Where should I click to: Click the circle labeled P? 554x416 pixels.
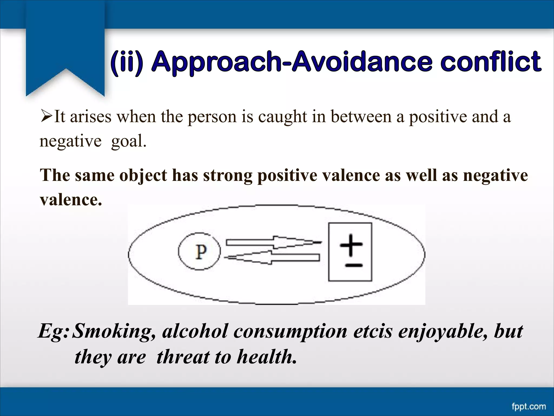pyautogui.click(x=200, y=252)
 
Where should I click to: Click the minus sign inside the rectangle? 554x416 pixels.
pyautogui.click(x=353, y=265)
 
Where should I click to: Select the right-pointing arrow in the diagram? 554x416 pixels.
pyautogui.click(x=273, y=242)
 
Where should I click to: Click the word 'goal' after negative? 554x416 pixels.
pyautogui.click(x=128, y=141)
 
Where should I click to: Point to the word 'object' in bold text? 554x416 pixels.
pyautogui.click(x=143, y=175)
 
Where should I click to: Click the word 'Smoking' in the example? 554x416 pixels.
pyautogui.click(x=114, y=331)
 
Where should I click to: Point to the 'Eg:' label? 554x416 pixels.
pyautogui.click(x=54, y=331)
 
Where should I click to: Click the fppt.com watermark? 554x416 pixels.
pyautogui.click(x=529, y=407)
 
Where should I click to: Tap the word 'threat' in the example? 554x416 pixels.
pyautogui.click(x=183, y=357)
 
